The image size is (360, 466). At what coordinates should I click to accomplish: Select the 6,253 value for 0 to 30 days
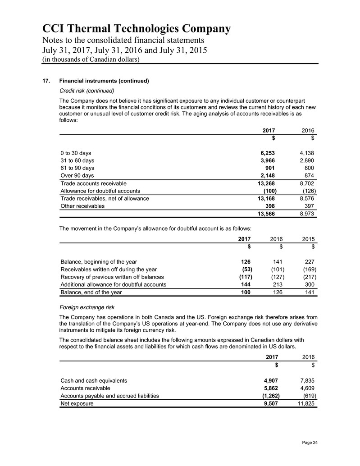click(266, 153)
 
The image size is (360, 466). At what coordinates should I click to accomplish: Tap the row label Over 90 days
click(77, 175)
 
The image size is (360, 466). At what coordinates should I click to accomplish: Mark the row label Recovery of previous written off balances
click(112, 277)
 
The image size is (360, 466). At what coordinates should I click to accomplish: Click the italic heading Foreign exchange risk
click(87, 308)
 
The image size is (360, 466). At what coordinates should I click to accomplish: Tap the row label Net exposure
click(77, 403)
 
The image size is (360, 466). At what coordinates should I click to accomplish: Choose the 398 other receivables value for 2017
click(270, 206)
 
